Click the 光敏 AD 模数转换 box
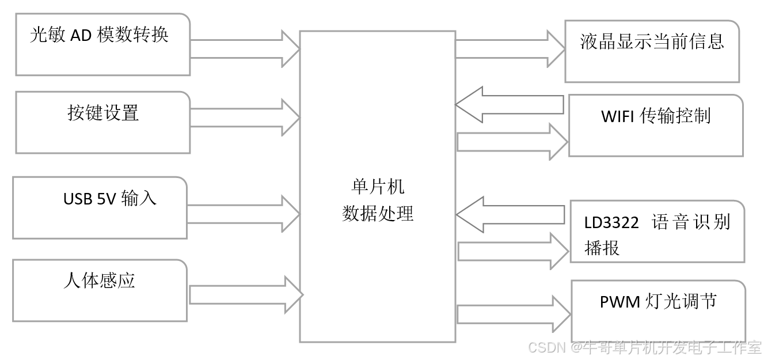coord(102,44)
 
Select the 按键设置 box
coord(102,122)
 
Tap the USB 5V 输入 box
coord(100,207)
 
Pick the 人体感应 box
coord(100,290)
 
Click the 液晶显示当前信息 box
coord(652,51)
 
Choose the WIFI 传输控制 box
coord(656,125)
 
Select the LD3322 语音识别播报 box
coord(657,232)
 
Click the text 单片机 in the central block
coord(377,187)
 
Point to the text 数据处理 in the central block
coord(378,214)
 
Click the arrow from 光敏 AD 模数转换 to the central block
coord(245,48)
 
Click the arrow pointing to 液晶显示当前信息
coord(510,48)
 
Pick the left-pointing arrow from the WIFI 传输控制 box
coord(509,105)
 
